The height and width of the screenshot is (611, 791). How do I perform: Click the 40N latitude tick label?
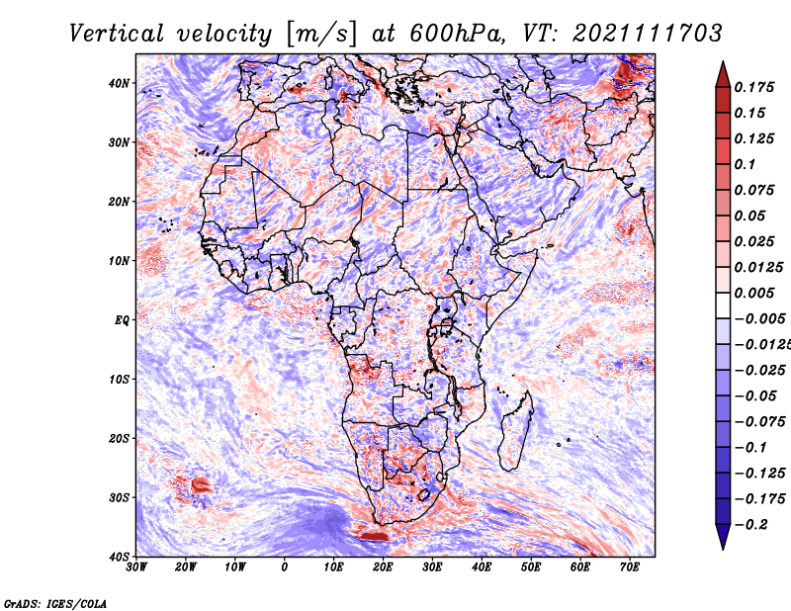pos(119,83)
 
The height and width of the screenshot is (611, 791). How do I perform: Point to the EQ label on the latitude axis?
pos(122,320)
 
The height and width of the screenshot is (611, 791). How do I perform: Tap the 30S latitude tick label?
pos(119,497)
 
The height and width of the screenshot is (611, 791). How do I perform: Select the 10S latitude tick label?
pos(119,379)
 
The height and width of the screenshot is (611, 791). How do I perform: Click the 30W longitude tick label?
pos(136,567)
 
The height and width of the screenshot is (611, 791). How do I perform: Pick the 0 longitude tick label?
pos(285,567)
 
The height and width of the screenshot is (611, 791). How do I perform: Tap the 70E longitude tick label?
pos(630,567)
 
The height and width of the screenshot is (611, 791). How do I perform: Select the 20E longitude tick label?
pos(383,567)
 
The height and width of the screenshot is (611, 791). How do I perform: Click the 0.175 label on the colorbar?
pos(753,87)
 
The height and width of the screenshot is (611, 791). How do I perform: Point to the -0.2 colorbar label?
pos(751,525)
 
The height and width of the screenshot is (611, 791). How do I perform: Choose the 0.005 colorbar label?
pos(753,293)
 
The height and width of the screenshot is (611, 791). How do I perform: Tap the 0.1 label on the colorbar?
pos(745,164)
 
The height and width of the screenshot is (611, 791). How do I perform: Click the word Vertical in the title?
pos(117,34)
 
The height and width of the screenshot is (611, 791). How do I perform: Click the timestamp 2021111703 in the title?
pos(648,34)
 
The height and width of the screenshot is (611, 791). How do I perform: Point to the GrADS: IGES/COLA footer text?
pos(55,603)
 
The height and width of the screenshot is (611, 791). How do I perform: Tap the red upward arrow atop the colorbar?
pos(723,74)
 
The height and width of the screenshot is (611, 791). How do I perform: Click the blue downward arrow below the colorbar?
pos(723,537)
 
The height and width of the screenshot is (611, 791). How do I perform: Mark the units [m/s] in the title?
pos(321,34)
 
